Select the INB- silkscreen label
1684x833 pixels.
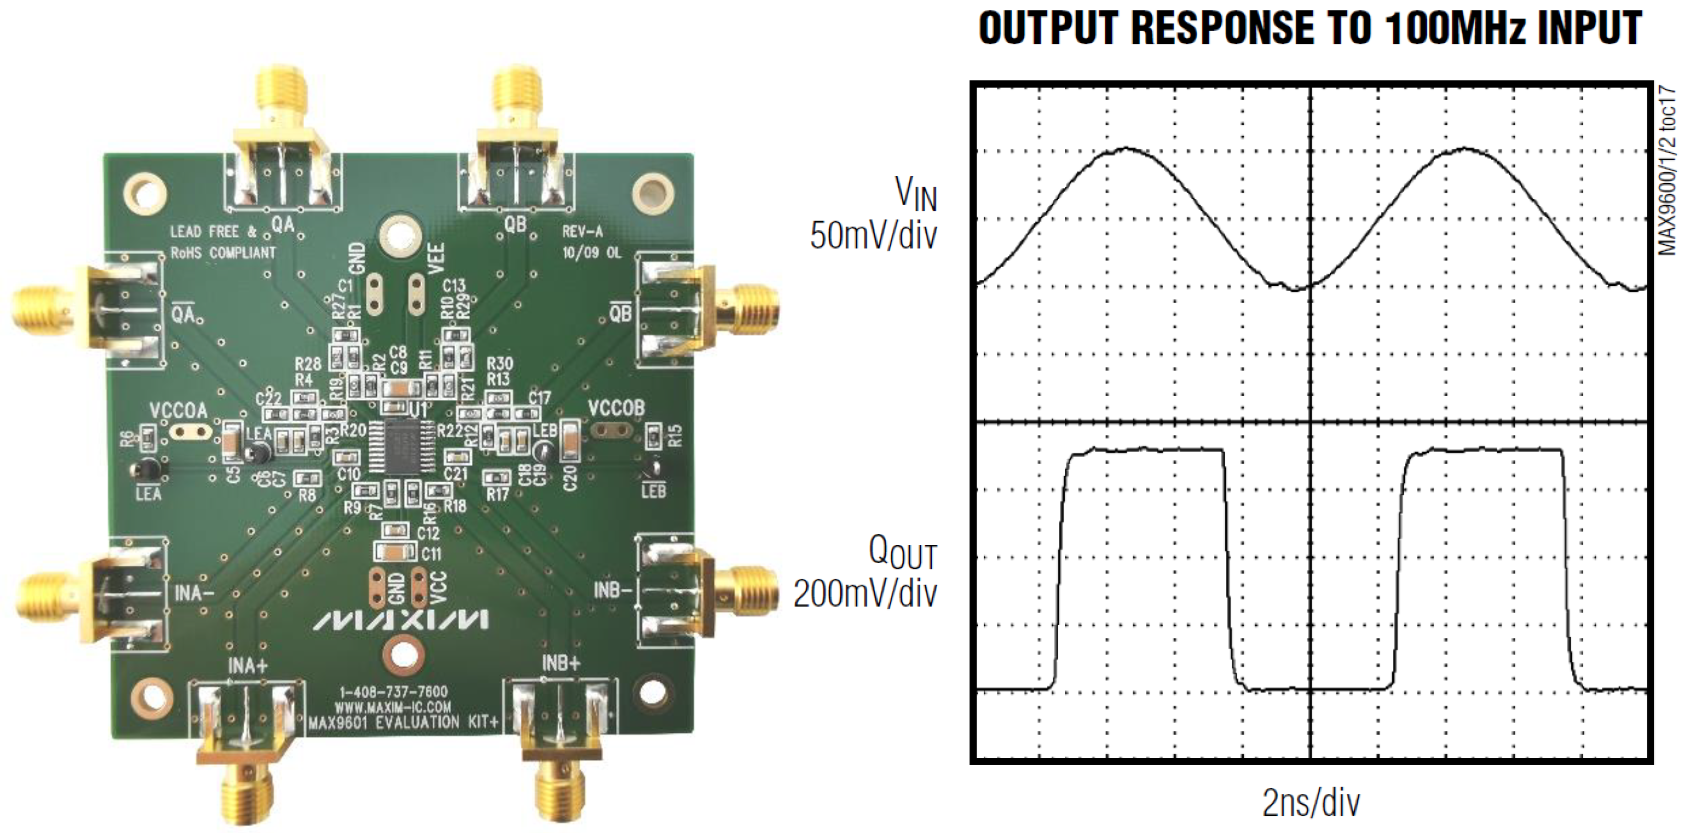tap(612, 590)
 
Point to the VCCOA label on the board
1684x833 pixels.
tap(178, 411)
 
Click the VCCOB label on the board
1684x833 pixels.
tap(616, 409)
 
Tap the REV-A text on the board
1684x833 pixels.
tap(582, 231)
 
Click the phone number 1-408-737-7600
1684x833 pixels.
tap(393, 691)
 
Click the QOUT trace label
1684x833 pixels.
tap(902, 553)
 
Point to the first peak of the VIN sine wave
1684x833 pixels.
tap(1126, 149)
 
